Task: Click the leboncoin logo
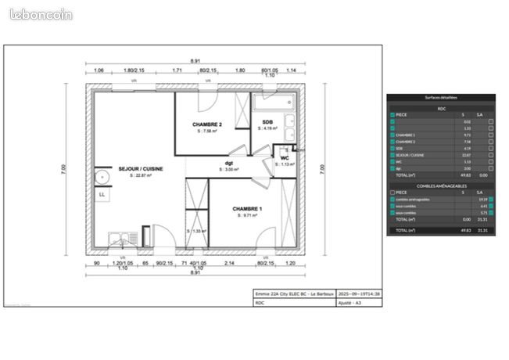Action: click(x=41, y=14)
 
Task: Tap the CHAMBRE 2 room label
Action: click(x=208, y=124)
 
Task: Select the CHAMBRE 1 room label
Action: click(x=248, y=209)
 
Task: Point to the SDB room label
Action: click(x=267, y=122)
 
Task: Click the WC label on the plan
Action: click(x=285, y=158)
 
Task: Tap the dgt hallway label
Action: click(x=229, y=164)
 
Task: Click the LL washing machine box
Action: click(x=102, y=194)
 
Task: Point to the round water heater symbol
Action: click(x=102, y=178)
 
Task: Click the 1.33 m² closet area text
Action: click(x=199, y=231)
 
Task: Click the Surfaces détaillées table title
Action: click(x=441, y=98)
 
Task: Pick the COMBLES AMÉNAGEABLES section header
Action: click(x=441, y=185)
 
